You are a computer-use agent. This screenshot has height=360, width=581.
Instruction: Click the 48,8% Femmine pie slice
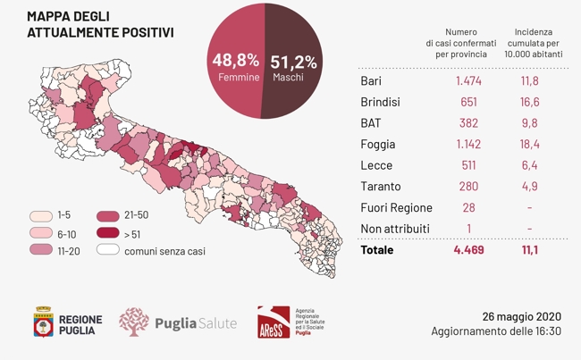234,67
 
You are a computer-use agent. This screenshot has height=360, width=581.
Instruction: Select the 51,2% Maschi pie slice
290,67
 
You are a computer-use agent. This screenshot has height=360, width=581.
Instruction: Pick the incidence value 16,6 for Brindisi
530,103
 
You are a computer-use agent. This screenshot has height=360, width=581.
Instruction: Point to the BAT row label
373,123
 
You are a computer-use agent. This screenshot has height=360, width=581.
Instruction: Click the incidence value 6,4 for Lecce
530,165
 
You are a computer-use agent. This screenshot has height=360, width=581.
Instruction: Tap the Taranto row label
380,187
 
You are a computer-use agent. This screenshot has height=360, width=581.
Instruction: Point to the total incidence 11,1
530,250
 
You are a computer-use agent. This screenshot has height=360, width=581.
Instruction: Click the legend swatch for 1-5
40,216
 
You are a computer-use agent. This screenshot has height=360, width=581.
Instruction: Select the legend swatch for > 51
108,234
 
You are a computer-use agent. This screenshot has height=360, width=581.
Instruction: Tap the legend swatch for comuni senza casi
108,251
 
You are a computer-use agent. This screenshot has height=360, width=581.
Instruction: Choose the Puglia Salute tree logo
134,322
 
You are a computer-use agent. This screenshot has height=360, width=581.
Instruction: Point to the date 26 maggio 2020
521,316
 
